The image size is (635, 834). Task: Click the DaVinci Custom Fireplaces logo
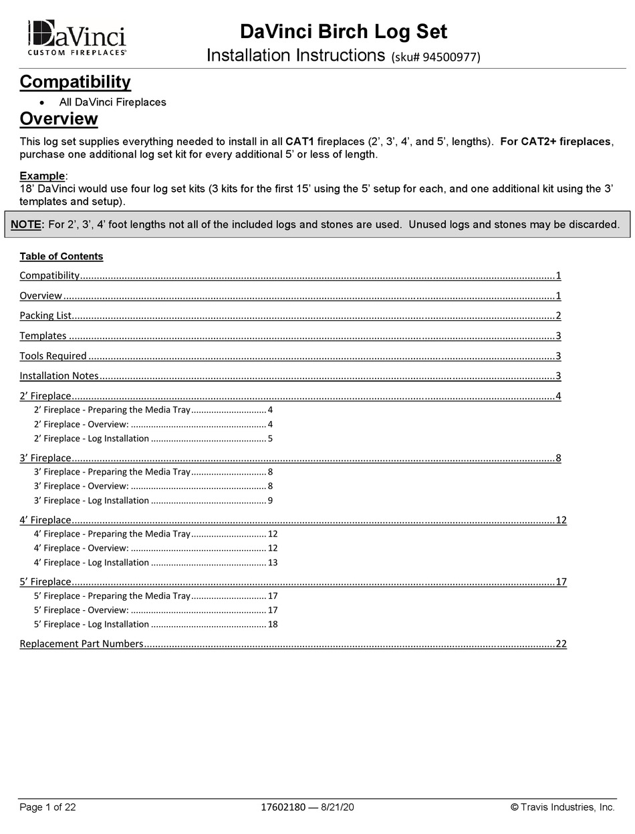click(x=77, y=37)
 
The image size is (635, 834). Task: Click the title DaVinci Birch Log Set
click(x=343, y=31)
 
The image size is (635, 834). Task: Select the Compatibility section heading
click(x=75, y=82)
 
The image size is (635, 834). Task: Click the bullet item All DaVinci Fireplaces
click(x=112, y=102)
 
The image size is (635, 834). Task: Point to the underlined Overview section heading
click(x=59, y=119)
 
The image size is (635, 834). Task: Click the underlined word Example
click(x=42, y=176)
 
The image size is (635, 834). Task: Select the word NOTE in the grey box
click(x=26, y=225)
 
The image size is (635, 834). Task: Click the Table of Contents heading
click(x=61, y=257)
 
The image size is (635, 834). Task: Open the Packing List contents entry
click(x=45, y=315)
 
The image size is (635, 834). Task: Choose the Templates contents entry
click(x=43, y=335)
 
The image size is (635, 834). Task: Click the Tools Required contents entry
click(x=53, y=356)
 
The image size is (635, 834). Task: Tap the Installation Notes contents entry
click(x=59, y=376)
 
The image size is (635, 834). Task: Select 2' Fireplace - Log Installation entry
click(x=92, y=438)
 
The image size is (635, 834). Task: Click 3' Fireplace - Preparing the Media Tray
click(x=112, y=472)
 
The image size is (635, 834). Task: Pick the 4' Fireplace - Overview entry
click(x=81, y=548)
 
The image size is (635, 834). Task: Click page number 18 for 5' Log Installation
click(x=273, y=624)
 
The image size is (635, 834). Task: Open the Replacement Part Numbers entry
click(x=82, y=644)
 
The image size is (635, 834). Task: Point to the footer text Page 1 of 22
click(x=47, y=807)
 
